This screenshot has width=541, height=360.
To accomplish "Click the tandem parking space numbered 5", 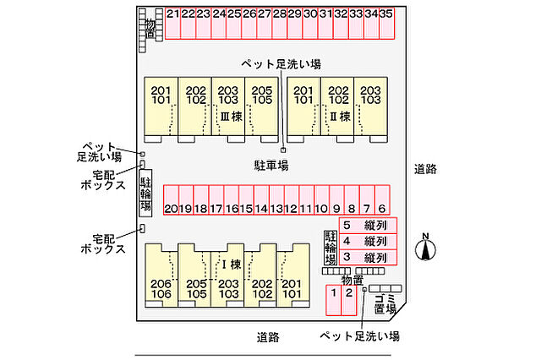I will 367,226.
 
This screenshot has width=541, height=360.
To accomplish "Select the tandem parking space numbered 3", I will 367,257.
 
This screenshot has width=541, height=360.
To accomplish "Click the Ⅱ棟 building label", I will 340,116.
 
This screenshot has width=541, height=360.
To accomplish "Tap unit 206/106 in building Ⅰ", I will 161,288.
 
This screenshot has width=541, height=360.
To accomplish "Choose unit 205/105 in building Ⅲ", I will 262,95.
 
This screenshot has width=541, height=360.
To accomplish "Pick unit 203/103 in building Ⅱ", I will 369,95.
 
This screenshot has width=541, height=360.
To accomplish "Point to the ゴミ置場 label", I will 385,303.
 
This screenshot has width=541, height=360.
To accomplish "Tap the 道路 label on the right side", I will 426,168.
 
